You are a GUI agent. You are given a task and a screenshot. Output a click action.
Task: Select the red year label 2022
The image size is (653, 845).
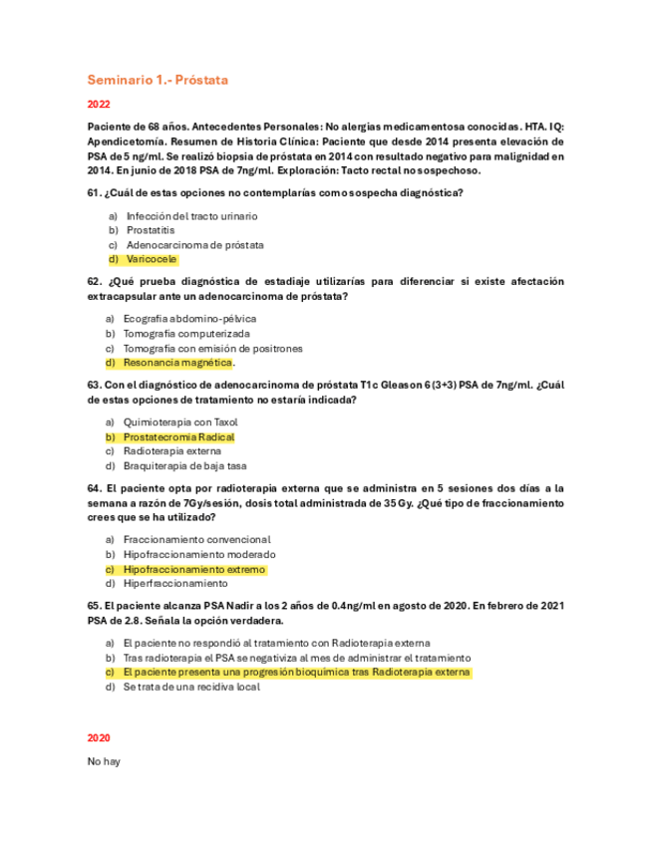coord(99,105)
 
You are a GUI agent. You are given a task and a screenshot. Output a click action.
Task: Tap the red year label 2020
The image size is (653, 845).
coord(99,737)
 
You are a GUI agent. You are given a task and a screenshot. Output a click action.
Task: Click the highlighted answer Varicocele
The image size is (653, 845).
coord(152,259)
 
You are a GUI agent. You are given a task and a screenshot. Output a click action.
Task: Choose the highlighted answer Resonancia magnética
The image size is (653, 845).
coord(177,363)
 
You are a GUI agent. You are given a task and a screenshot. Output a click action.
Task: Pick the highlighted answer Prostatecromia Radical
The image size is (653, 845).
coord(178,436)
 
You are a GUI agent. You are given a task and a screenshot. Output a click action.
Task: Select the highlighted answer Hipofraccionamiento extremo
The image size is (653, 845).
coord(194,569)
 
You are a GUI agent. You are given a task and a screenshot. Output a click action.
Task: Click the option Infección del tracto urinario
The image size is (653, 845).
coord(192,215)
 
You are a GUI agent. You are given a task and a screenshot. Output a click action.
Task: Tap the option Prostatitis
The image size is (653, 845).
coord(152,230)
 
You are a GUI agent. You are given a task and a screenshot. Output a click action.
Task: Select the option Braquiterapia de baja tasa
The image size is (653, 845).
coord(185,465)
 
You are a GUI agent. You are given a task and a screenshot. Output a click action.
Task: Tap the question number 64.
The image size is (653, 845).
coord(95,488)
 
